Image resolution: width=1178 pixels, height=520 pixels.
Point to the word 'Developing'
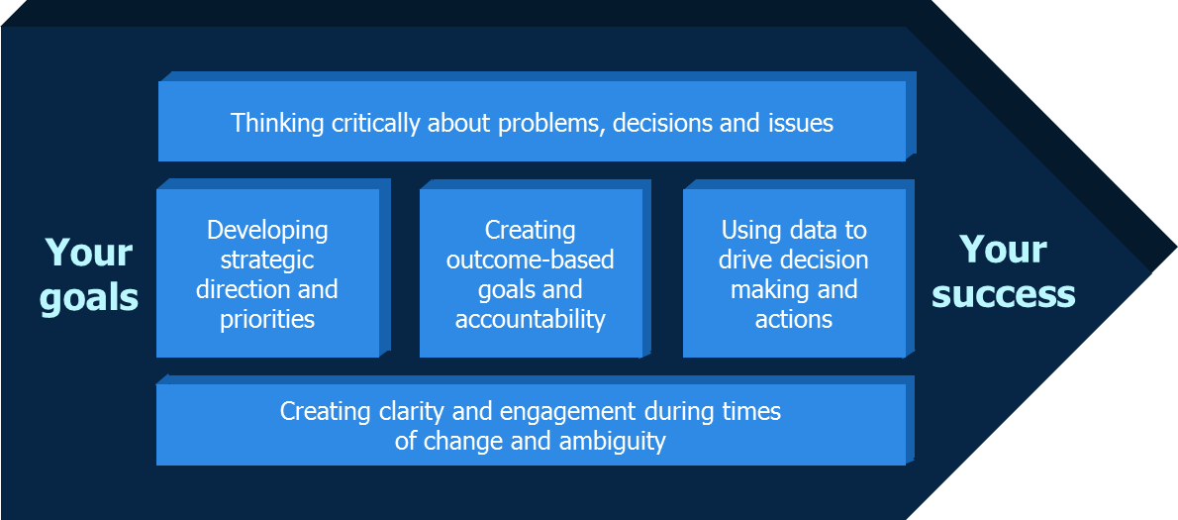(x=267, y=231)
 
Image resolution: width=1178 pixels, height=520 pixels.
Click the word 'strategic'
(x=267, y=260)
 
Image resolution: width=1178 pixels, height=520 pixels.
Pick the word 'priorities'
(x=267, y=320)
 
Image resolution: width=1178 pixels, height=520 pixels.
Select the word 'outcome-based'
(x=531, y=260)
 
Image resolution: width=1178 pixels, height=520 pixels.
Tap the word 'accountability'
(x=531, y=320)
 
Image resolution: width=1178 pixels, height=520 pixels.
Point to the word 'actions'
(x=793, y=320)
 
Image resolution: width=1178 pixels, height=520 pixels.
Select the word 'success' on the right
(x=1004, y=295)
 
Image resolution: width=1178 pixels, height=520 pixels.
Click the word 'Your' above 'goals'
(x=89, y=254)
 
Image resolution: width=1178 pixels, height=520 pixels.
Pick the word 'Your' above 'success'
(x=1003, y=250)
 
